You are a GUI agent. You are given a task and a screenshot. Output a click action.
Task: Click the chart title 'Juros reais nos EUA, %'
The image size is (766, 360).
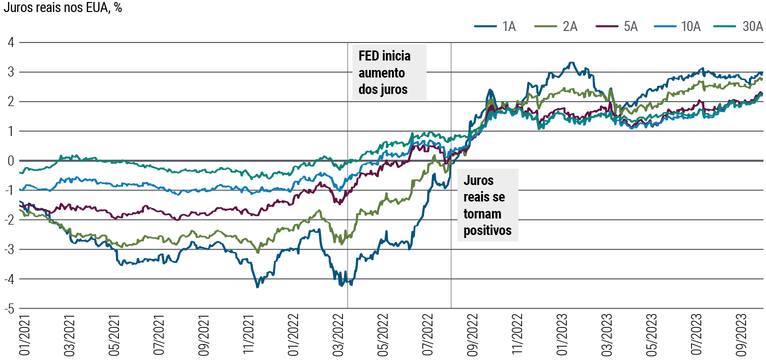(62, 8)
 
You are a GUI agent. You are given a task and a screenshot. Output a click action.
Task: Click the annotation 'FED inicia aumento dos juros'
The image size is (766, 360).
(388, 72)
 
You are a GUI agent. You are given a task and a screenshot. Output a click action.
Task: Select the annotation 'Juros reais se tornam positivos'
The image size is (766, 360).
(487, 205)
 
